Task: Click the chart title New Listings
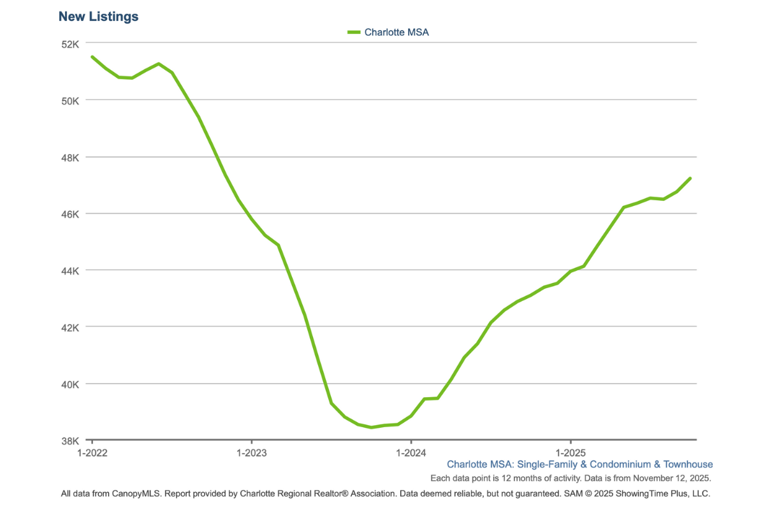click(x=98, y=17)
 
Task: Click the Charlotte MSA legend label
click(x=397, y=33)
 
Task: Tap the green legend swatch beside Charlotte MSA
click(x=354, y=33)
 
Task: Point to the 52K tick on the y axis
click(x=70, y=44)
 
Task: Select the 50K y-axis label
click(x=70, y=101)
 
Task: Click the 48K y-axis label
click(x=70, y=157)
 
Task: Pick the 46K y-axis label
click(x=70, y=214)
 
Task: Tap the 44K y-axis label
click(x=70, y=271)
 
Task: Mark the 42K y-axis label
click(x=70, y=328)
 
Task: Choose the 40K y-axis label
click(x=70, y=384)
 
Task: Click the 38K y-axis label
click(x=70, y=441)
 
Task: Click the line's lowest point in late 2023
click(x=372, y=427)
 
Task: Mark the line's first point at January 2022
click(x=92, y=57)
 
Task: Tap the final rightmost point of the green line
click(x=690, y=178)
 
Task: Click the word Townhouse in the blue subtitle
click(x=688, y=464)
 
